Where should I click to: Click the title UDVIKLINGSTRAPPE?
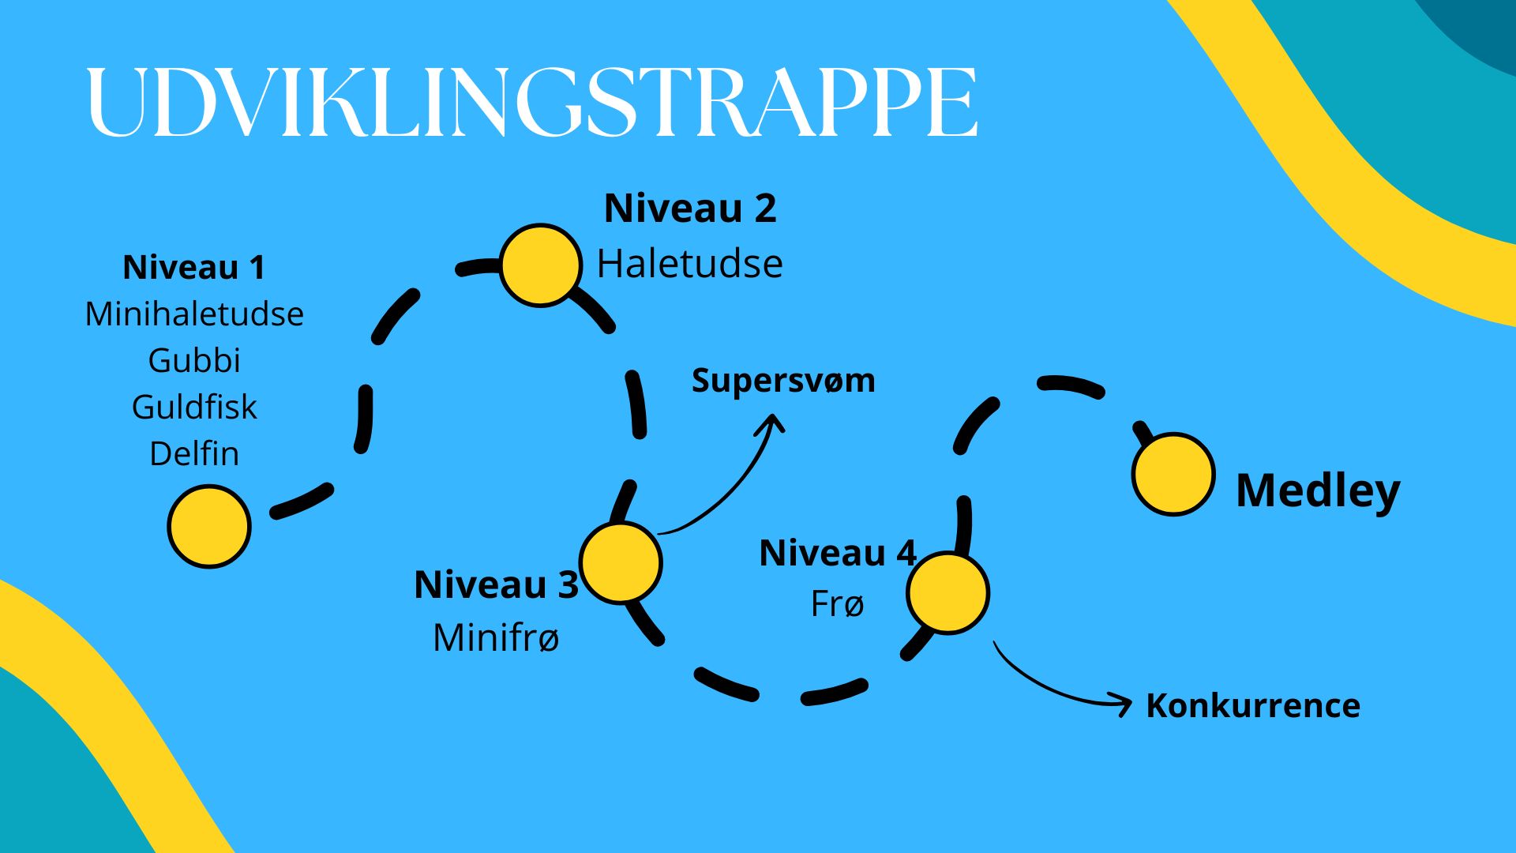click(532, 103)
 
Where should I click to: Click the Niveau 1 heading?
click(194, 267)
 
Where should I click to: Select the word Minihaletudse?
click(194, 314)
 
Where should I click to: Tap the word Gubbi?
click(194, 360)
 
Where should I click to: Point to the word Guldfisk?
click(194, 407)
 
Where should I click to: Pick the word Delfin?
click(194, 453)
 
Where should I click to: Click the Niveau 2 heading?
click(690, 209)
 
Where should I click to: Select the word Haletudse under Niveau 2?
click(690, 263)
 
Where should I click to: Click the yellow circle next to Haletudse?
click(541, 265)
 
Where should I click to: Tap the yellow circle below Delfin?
click(209, 526)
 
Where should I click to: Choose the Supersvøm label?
click(783, 381)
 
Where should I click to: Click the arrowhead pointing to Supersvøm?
click(773, 422)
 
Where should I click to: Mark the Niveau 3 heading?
click(497, 584)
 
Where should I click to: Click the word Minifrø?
click(497, 637)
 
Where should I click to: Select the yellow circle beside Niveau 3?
click(621, 562)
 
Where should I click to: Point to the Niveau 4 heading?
click(838, 553)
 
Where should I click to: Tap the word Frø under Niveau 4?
click(838, 604)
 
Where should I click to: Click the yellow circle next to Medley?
click(1173, 474)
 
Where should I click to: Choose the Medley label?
click(1318, 490)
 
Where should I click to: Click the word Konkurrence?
click(1253, 705)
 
